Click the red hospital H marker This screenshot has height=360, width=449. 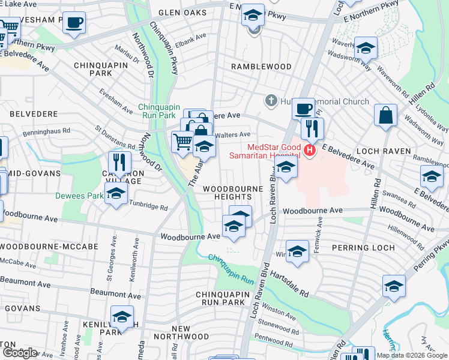[x=310, y=149]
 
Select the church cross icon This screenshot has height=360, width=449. [x=271, y=100]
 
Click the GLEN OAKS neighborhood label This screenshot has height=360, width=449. [x=181, y=13]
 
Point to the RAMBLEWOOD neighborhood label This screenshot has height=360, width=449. [x=262, y=67]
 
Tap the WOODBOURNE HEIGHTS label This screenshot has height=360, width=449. [x=233, y=193]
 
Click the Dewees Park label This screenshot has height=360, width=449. [x=80, y=195]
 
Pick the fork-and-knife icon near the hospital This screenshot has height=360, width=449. [x=312, y=129]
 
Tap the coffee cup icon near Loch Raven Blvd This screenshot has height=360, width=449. [x=304, y=109]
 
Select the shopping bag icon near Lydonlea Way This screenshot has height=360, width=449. [x=385, y=115]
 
